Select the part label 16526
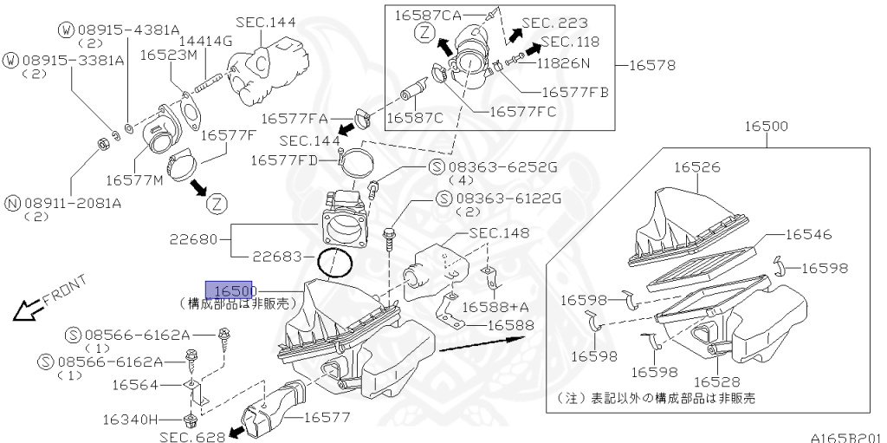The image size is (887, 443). coord(697,167)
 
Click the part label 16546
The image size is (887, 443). coord(808,235)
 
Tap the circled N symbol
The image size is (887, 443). coord(12,203)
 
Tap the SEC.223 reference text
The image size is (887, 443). coord(554,23)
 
